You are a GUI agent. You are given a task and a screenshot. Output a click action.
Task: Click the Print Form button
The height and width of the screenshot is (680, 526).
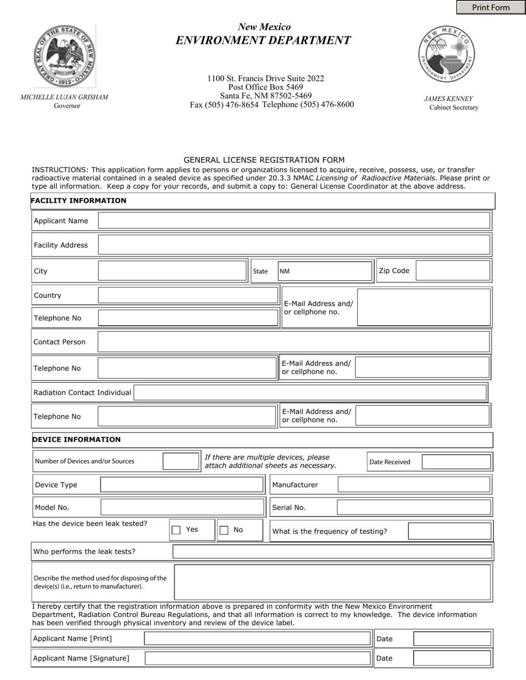[x=491, y=7]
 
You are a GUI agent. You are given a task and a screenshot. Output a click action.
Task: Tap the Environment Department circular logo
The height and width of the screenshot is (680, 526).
[x=446, y=54]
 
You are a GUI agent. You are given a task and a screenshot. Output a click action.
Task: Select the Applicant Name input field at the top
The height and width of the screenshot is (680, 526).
[x=294, y=221]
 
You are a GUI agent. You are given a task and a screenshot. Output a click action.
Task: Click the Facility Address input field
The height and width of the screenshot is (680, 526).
[x=294, y=245]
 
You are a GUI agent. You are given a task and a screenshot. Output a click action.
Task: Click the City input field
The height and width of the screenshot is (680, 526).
[x=172, y=271]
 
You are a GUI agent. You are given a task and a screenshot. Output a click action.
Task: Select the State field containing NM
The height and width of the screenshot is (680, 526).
[x=324, y=271]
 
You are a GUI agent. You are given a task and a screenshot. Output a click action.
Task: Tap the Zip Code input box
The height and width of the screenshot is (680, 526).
[x=452, y=271]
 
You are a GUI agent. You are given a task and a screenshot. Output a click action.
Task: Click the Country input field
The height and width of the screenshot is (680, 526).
[x=188, y=295]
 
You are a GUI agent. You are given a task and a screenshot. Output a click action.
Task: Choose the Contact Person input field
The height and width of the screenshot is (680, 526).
[x=293, y=342]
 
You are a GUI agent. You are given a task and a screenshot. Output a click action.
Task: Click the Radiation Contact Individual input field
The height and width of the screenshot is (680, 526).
[x=310, y=393]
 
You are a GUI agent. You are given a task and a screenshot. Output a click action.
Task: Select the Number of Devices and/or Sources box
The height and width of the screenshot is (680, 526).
[x=181, y=461]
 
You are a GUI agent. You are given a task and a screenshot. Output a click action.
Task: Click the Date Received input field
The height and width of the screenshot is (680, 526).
[x=456, y=462]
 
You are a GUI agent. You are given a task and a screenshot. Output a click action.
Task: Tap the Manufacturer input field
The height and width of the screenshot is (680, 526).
[x=414, y=485]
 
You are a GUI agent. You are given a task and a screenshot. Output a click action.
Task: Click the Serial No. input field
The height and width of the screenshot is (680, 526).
[x=414, y=508]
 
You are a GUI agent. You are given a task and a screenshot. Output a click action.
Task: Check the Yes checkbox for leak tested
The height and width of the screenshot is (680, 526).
[x=176, y=530]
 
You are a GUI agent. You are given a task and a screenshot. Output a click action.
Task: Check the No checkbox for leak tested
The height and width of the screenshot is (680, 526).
[x=224, y=530]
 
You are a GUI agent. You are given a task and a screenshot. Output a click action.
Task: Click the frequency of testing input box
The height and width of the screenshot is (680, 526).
[x=449, y=531]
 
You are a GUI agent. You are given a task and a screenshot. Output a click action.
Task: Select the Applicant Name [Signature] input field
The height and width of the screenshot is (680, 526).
[x=257, y=658]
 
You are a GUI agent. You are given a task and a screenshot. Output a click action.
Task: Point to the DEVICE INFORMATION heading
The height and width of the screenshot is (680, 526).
[x=76, y=440]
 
